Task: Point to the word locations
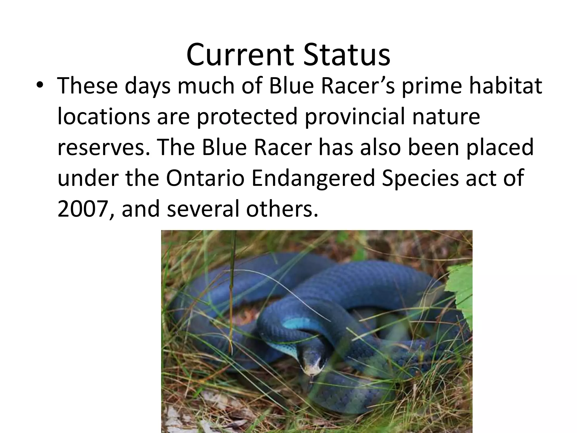[x=103, y=117]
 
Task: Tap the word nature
[x=446, y=117]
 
